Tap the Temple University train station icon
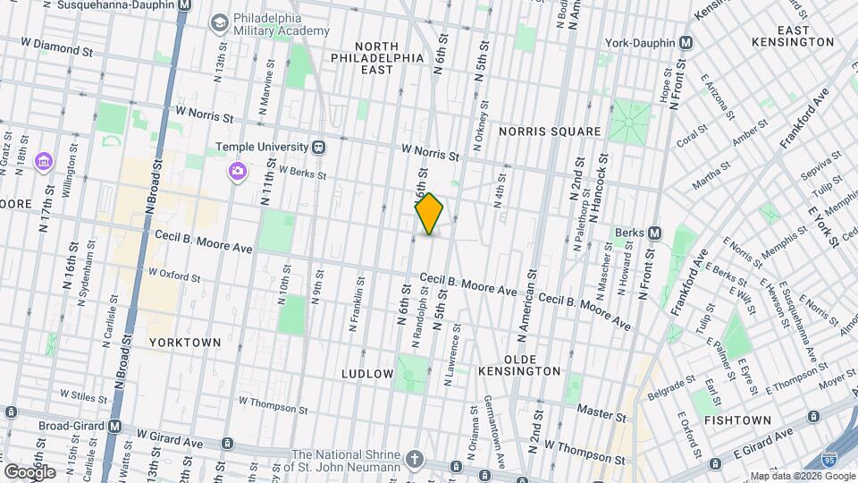318,147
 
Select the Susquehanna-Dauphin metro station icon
183,4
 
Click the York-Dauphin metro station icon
686,42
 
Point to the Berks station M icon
654,233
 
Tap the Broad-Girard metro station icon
114,427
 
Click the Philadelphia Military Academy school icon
218,21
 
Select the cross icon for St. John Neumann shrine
414,459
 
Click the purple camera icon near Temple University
237,171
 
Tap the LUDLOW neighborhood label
367,372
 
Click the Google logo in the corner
29,470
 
